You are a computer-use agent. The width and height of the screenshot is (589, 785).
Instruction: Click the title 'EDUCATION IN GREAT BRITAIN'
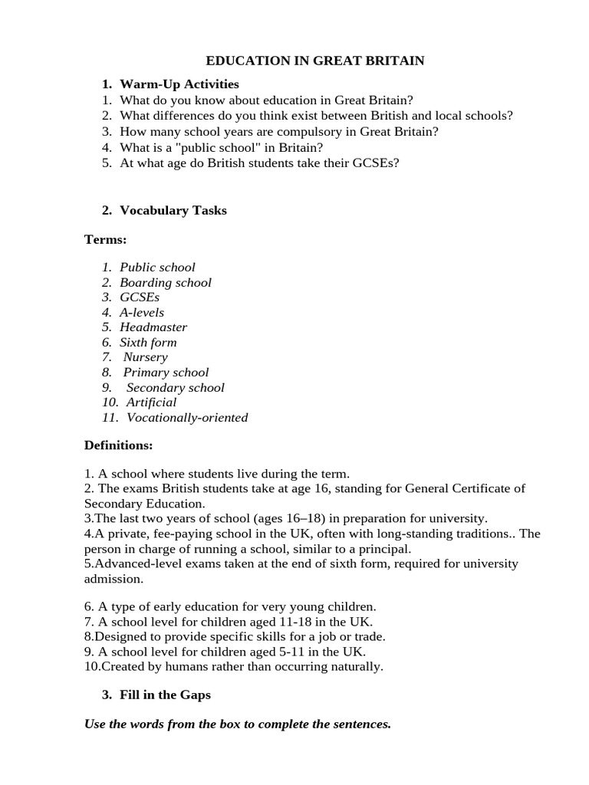tap(315, 61)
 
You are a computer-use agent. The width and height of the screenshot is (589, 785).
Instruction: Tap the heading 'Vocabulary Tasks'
tap(173, 210)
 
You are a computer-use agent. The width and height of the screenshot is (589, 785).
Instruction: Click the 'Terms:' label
tap(105, 240)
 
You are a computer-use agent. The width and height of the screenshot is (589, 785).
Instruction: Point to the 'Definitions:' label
tap(118, 445)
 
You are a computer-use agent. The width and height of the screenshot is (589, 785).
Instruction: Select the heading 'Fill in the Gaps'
tap(165, 695)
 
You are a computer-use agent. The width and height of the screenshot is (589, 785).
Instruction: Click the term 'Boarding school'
tap(165, 282)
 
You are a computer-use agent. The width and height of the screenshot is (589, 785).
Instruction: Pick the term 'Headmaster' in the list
tap(153, 327)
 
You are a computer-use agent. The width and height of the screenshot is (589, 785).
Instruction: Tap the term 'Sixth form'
tap(148, 342)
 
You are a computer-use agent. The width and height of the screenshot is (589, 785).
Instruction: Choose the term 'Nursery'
tap(145, 357)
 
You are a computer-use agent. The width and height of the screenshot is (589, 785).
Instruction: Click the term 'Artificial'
tap(151, 402)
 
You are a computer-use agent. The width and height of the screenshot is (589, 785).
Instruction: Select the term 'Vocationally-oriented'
tap(187, 418)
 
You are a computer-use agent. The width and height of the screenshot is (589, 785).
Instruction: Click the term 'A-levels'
tap(142, 312)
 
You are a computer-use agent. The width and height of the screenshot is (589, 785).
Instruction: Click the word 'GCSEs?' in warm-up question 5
tap(372, 163)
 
